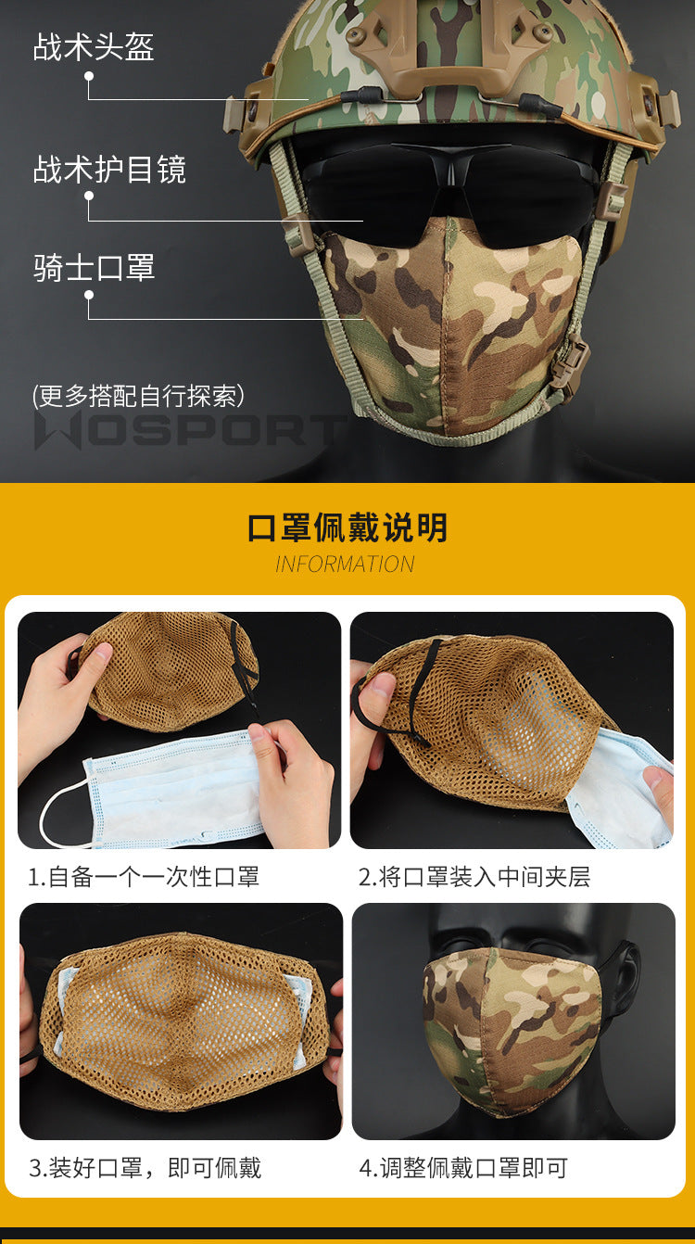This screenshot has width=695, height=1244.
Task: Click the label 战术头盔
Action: click(x=94, y=46)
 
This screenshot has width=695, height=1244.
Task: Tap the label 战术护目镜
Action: click(x=109, y=169)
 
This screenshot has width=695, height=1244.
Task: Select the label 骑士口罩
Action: click(x=94, y=268)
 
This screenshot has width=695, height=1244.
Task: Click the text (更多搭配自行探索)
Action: click(x=138, y=396)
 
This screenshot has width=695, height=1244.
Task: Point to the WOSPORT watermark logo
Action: click(x=189, y=430)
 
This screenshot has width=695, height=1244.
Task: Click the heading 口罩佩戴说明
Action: click(x=347, y=527)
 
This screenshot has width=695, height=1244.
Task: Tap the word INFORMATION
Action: click(x=346, y=565)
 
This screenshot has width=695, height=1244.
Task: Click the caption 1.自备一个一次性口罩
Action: click(x=144, y=877)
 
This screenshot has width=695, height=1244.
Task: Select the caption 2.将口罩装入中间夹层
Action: click(x=474, y=877)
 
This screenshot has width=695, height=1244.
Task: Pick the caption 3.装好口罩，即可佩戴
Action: click(x=145, y=1167)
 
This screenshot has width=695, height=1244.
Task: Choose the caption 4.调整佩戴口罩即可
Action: click(x=463, y=1167)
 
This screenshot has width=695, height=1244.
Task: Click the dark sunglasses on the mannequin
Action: click(x=449, y=189)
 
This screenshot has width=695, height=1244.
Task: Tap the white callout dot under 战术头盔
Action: click(x=89, y=76)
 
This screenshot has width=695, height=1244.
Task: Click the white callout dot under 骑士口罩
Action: click(x=89, y=295)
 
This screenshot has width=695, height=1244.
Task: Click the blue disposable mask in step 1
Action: click(x=172, y=789)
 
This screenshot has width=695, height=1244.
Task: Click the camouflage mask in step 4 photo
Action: click(x=511, y=1033)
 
